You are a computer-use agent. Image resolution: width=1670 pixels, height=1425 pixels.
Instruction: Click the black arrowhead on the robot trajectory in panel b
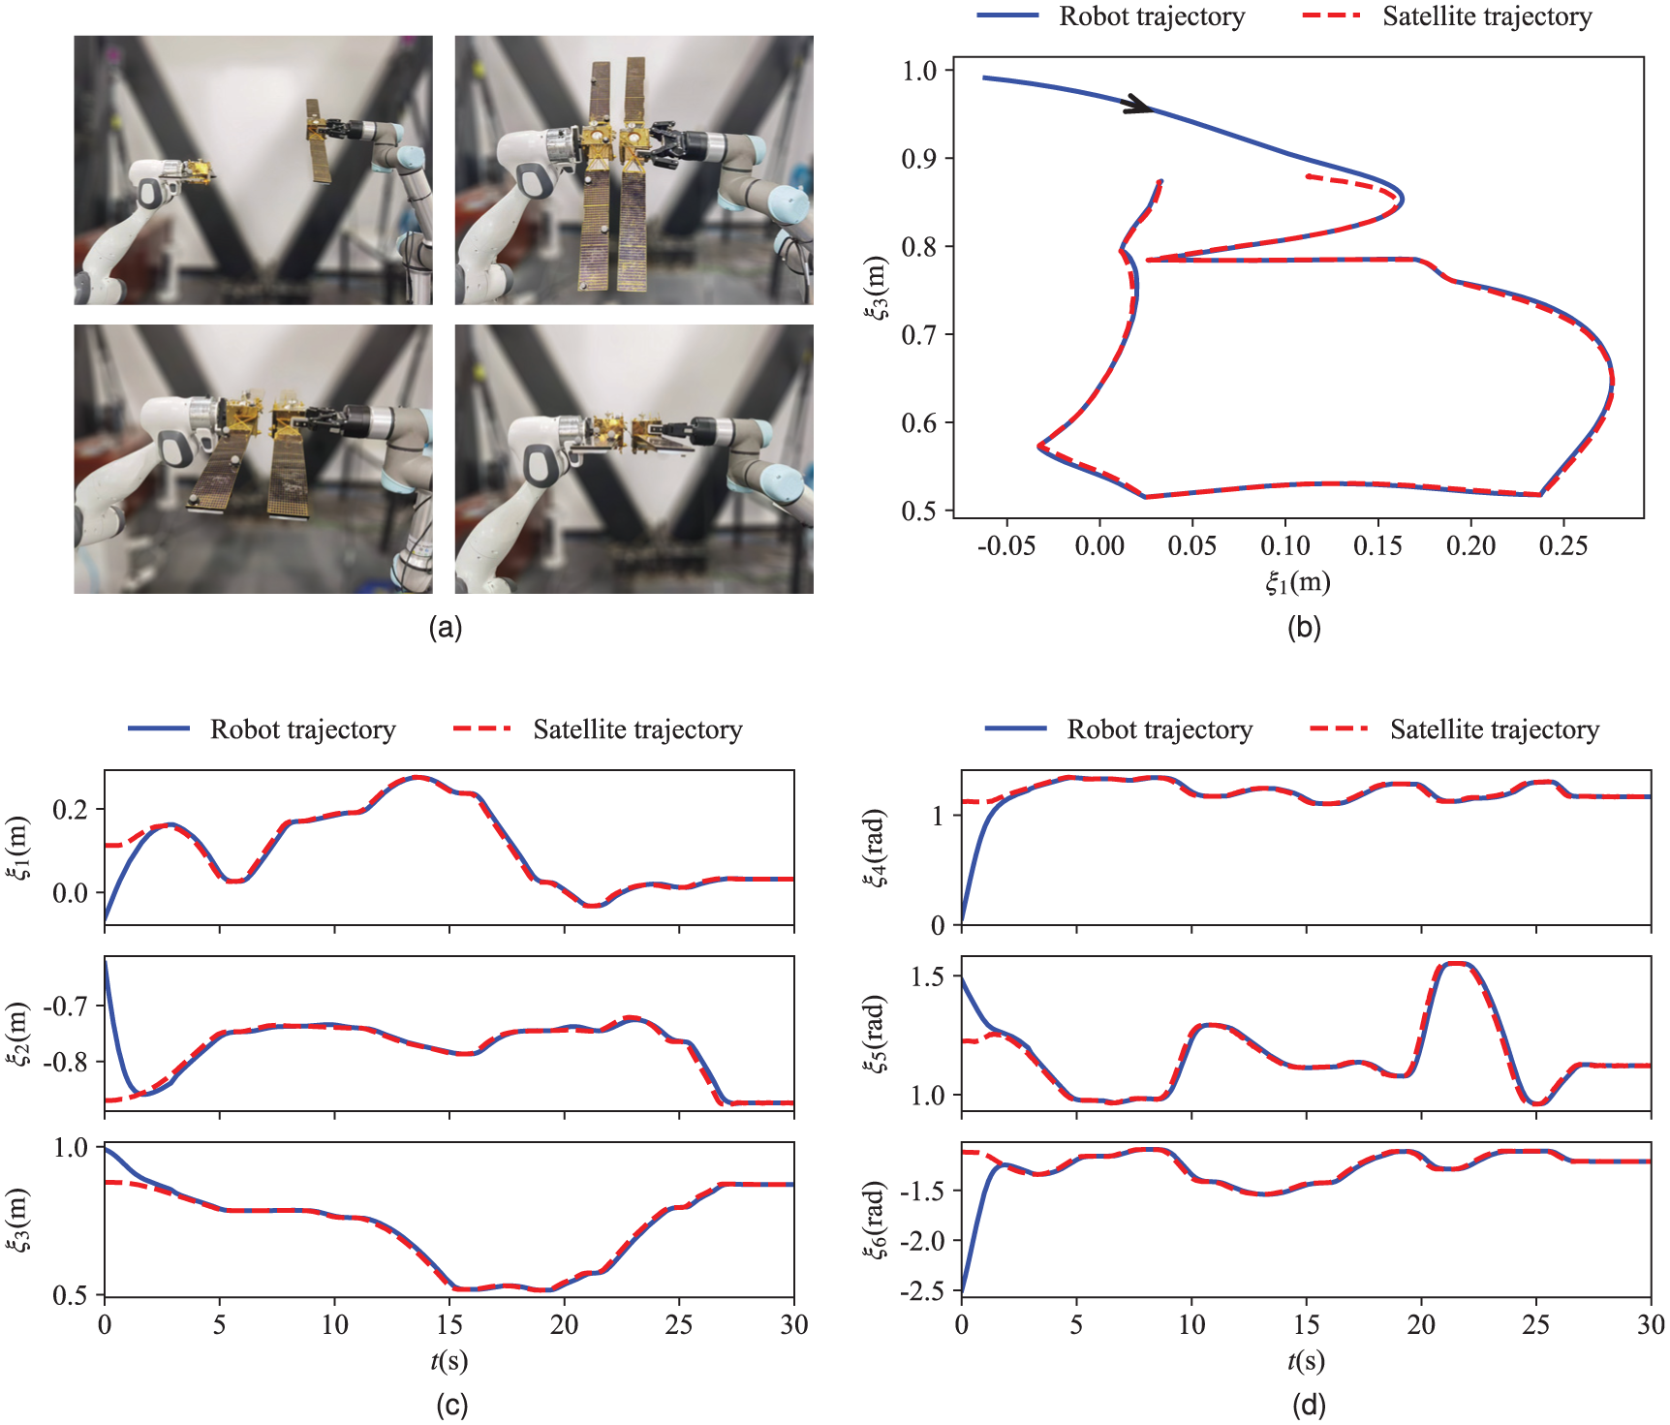[1138, 105]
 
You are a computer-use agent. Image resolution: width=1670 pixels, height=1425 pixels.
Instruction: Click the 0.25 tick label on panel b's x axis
[1563, 546]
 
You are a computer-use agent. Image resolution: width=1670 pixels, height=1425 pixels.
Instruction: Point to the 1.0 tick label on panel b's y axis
[919, 71]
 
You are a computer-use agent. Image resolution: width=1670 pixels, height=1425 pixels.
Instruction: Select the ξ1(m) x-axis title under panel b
[1298, 581]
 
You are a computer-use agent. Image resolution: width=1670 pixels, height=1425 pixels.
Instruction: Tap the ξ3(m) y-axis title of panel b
[876, 288]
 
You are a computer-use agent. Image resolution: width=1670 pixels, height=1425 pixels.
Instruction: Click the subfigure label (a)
[446, 628]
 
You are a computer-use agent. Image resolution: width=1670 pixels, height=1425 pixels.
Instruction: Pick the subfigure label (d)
[1308, 1405]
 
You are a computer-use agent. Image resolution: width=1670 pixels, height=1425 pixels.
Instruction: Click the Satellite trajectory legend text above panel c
[637, 729]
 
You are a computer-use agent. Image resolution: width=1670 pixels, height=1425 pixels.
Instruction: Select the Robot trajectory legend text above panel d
[1160, 729]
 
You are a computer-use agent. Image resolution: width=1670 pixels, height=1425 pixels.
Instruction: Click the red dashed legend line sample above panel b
[1332, 15]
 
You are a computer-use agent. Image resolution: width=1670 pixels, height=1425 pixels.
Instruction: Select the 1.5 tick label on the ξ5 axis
[927, 976]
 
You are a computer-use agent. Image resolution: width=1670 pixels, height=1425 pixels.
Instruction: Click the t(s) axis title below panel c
[449, 1361]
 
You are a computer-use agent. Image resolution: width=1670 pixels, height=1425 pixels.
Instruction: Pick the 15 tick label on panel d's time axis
[1306, 1324]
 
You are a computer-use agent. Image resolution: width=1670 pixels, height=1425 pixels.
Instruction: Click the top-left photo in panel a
[254, 170]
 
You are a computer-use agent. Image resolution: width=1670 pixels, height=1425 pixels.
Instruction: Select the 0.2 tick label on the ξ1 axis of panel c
[71, 810]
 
